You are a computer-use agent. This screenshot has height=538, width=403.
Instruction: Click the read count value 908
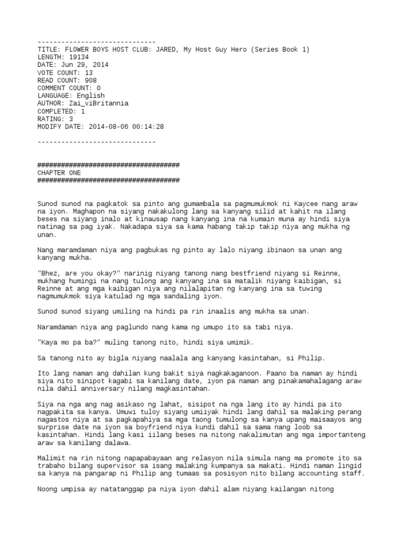tap(89, 80)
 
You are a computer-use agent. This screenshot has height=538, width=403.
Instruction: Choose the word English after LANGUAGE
tap(91, 96)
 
